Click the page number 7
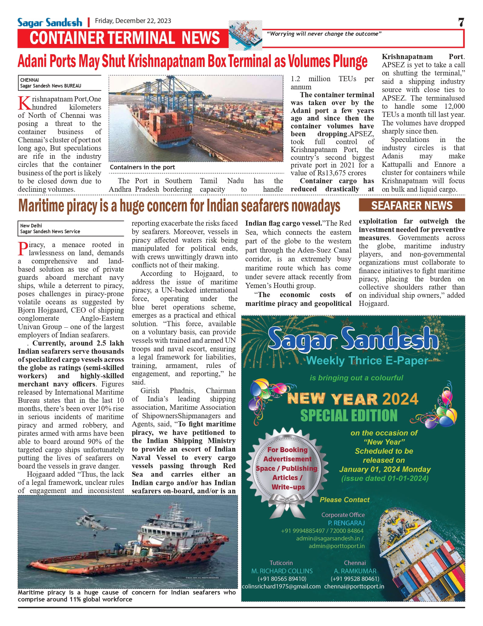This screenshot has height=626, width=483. point(461,22)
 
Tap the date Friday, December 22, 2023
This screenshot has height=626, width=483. point(133,21)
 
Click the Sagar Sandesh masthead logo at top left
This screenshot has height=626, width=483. point(50,22)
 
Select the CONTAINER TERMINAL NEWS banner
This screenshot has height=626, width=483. point(124,38)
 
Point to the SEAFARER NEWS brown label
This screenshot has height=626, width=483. point(412,205)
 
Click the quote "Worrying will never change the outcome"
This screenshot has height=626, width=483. point(324,34)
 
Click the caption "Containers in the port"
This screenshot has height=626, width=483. point(142,167)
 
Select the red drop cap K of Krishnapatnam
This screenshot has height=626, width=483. point(24,103)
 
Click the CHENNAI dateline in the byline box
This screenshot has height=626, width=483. point(29,80)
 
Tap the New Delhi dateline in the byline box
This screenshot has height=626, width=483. point(31,226)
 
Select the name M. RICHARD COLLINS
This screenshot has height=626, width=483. point(282,571)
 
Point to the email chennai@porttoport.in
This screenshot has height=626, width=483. point(354,586)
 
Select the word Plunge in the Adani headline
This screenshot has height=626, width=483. point(350,61)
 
